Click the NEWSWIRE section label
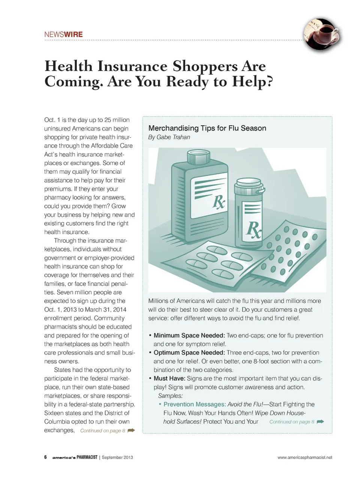coord(63,35)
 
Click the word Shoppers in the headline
coord(205,66)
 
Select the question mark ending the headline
coord(268,82)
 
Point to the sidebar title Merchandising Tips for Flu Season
coord(207,128)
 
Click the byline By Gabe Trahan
coord(169,137)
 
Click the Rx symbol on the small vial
coord(253,229)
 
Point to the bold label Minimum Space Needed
coord(189,335)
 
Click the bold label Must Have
coord(169,378)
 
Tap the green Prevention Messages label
coord(195,404)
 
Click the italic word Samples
coord(170,396)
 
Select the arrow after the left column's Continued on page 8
coord(131,431)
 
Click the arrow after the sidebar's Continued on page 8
coord(320,422)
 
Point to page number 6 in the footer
coord(45,457)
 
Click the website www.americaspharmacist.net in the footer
coord(304,457)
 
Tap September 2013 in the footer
coord(117,457)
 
